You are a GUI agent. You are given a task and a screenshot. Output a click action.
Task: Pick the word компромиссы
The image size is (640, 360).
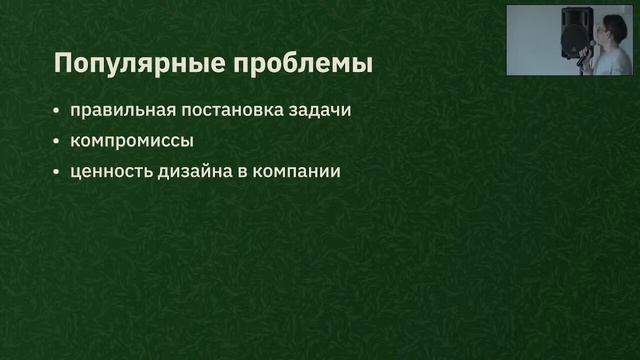pyautogui.click(x=132, y=140)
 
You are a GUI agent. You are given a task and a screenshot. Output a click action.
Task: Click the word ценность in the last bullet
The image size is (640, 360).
pyautogui.click(x=110, y=171)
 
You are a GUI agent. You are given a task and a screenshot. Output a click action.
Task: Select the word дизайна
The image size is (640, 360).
pyautogui.click(x=197, y=171)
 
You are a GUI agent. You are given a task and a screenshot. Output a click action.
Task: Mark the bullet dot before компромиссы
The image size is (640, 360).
pyautogui.click(x=57, y=140)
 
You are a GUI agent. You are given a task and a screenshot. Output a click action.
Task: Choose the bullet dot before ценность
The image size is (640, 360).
pyautogui.click(x=57, y=171)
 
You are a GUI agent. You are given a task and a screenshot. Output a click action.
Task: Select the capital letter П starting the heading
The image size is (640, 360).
pyautogui.click(x=62, y=64)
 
